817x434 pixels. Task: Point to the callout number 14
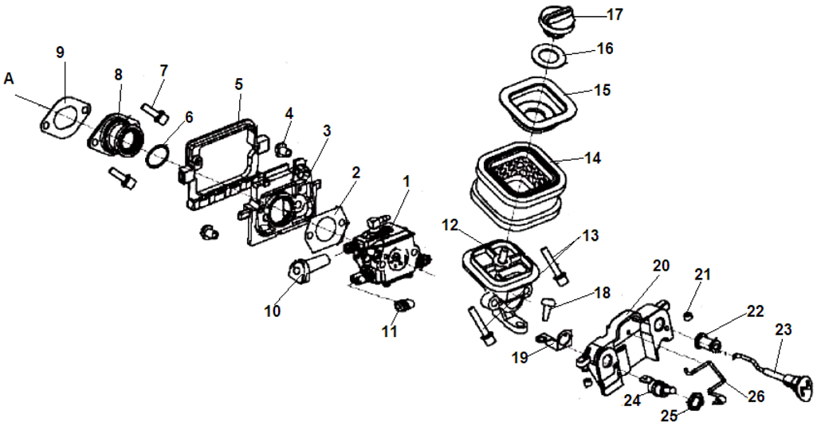coord(592,158)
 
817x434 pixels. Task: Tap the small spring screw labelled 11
coord(405,304)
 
